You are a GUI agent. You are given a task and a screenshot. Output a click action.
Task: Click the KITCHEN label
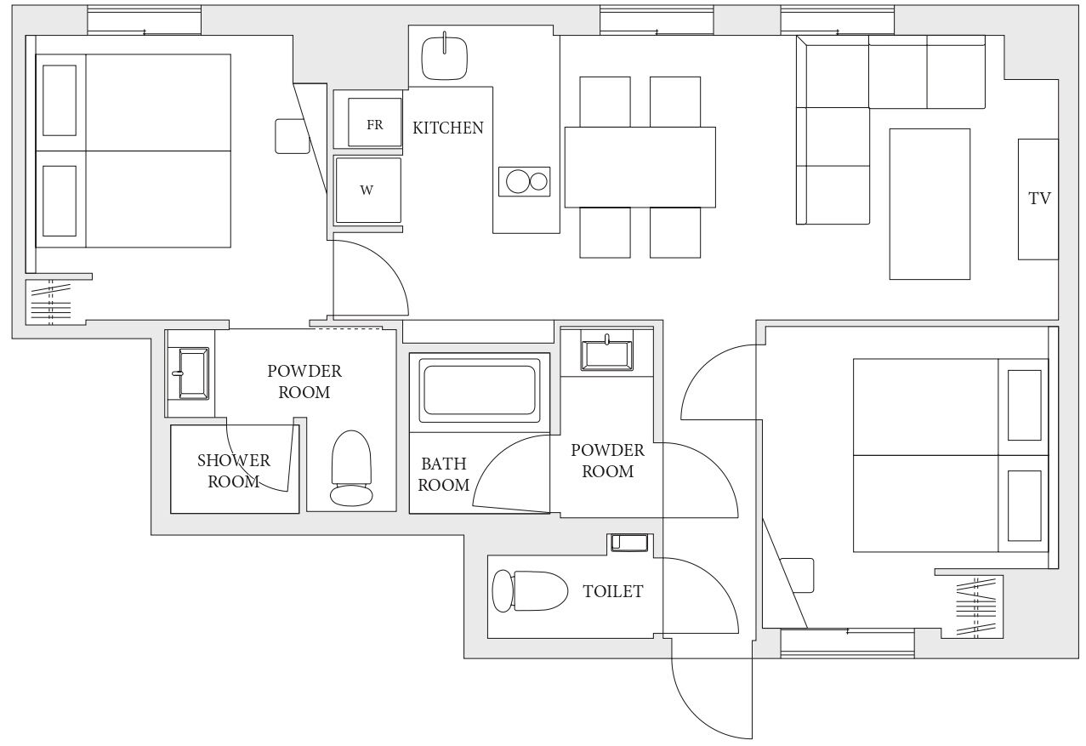(448, 128)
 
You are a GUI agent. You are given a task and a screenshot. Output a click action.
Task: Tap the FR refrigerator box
(375, 122)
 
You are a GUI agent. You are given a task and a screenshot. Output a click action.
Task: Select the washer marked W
(368, 191)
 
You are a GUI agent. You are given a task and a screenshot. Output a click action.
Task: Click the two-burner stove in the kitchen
(525, 182)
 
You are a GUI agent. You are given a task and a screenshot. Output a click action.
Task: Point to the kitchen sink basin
(445, 59)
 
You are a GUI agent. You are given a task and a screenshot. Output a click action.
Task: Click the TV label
(1039, 198)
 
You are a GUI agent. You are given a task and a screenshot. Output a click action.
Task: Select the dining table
(640, 168)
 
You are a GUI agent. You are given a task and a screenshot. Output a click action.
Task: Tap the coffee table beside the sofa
(930, 203)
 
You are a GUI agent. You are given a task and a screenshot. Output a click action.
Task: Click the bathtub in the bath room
(480, 390)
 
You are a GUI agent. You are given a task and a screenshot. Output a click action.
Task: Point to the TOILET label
(613, 591)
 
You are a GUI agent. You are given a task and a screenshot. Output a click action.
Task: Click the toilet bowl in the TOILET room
(530, 591)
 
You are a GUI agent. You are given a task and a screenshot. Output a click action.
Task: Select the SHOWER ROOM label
(234, 471)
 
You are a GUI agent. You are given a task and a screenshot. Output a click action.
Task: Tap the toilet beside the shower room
(351, 468)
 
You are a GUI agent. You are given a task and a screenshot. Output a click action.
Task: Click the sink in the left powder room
(192, 373)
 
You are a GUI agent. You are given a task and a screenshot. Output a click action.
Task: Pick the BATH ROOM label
(444, 475)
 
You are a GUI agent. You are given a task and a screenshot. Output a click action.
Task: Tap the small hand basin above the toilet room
(628, 543)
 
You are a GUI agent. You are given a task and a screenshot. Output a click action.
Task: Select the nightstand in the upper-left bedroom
(293, 136)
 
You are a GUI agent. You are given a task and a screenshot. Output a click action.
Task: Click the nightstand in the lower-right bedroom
(797, 575)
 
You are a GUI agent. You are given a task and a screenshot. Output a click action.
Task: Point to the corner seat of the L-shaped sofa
(833, 71)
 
